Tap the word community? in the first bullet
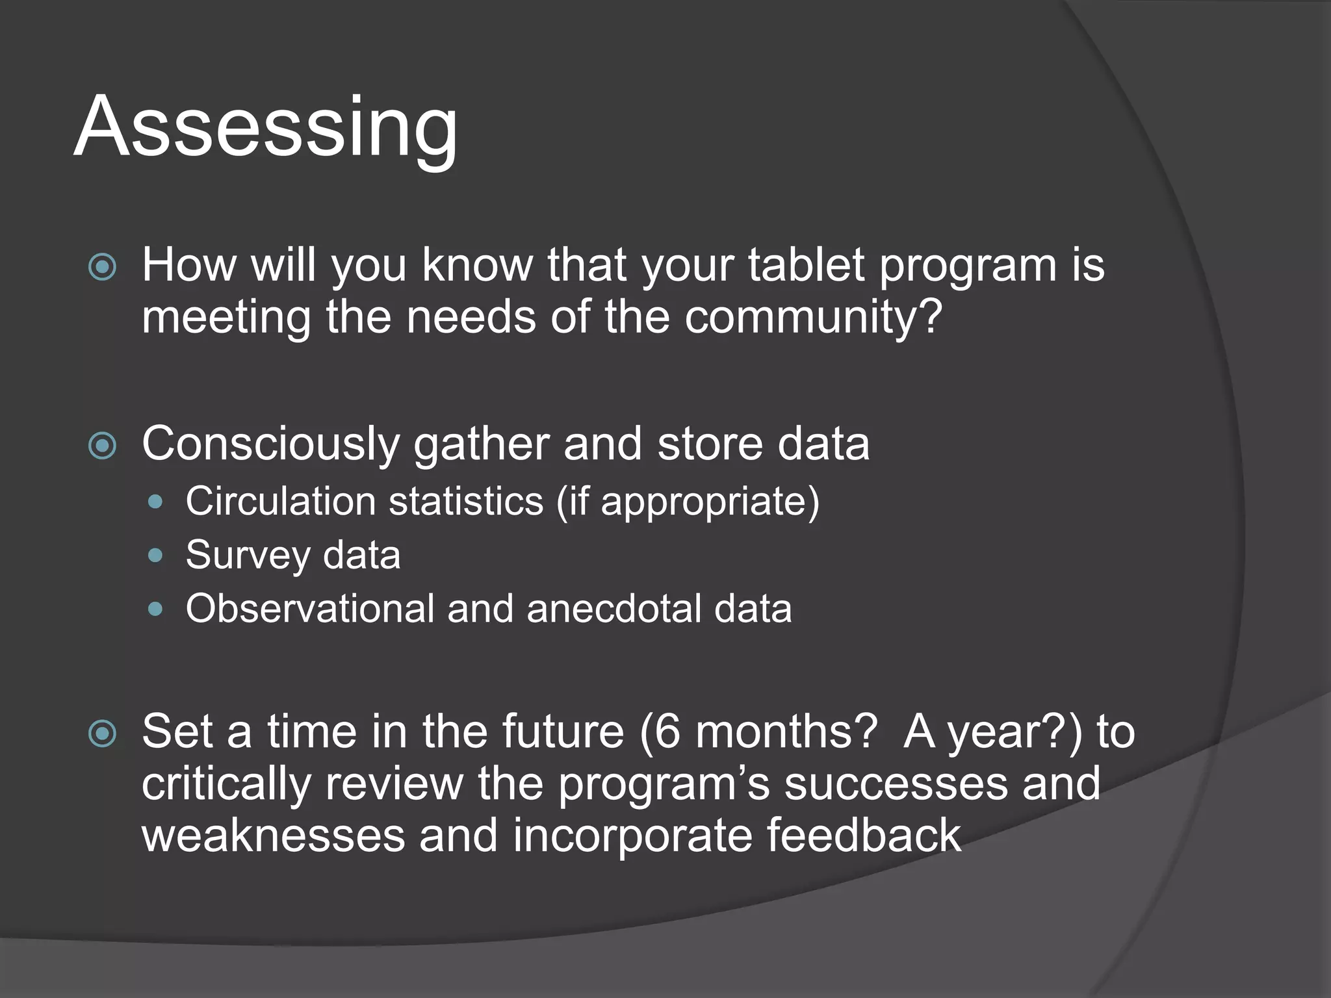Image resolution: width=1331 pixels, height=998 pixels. tap(813, 317)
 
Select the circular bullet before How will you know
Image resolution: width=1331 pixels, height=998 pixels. tap(103, 267)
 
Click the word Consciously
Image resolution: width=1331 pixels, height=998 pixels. tap(270, 444)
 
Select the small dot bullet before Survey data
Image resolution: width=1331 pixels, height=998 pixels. tap(155, 556)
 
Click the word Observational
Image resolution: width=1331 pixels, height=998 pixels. tap(309, 609)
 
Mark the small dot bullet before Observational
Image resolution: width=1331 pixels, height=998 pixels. tap(155, 609)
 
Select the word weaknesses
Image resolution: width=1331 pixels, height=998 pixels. tap(274, 836)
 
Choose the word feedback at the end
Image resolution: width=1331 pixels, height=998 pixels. tap(863, 836)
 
